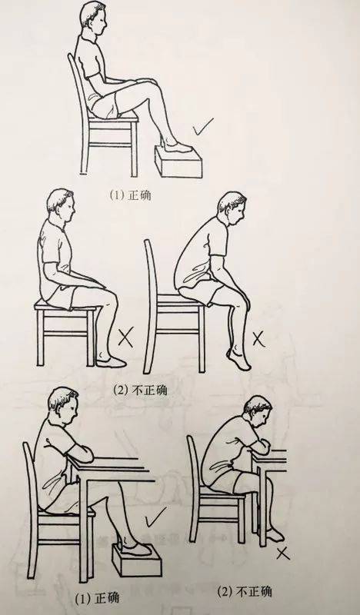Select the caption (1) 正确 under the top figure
coord(132,195)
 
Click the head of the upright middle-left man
coord(59,208)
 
